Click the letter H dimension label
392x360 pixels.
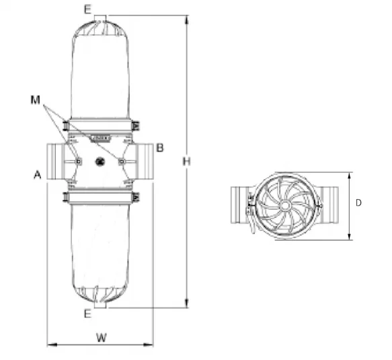tap(186, 161)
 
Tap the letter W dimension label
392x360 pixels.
tap(102, 338)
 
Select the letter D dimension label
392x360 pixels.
tap(358, 203)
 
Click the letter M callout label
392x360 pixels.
tap(35, 100)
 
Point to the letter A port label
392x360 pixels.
tap(37, 174)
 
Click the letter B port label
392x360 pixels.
tap(160, 148)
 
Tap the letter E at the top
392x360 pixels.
tap(87, 9)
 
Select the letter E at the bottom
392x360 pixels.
tap(87, 314)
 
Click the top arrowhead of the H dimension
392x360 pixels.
tap(186, 20)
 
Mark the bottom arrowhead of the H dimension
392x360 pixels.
tap(186, 303)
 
